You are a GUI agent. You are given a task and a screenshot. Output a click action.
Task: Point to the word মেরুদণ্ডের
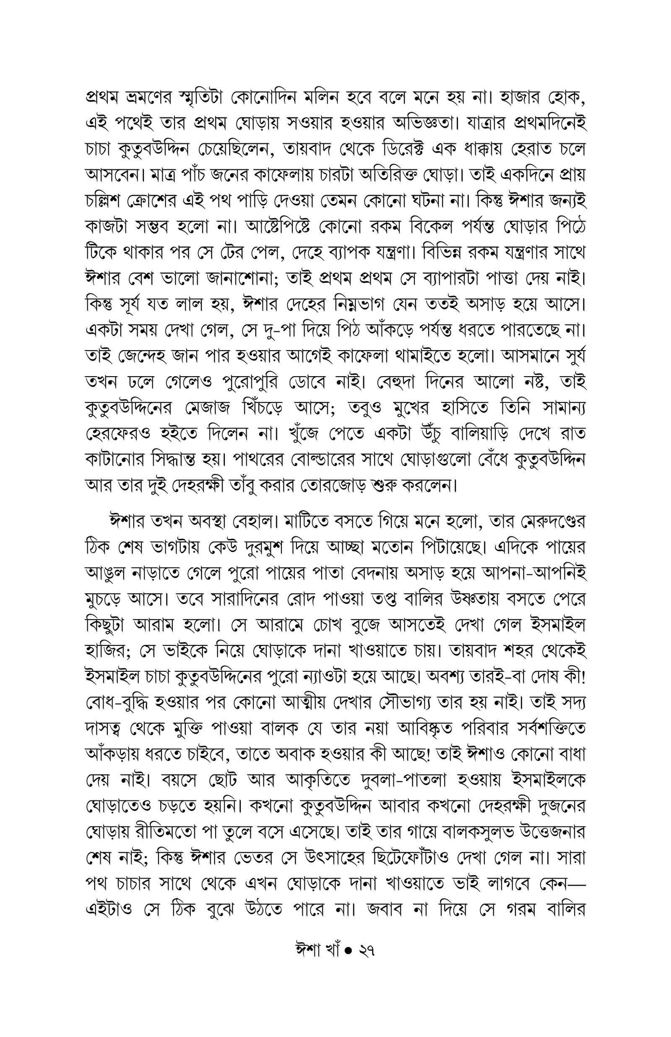coord(545,520)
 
